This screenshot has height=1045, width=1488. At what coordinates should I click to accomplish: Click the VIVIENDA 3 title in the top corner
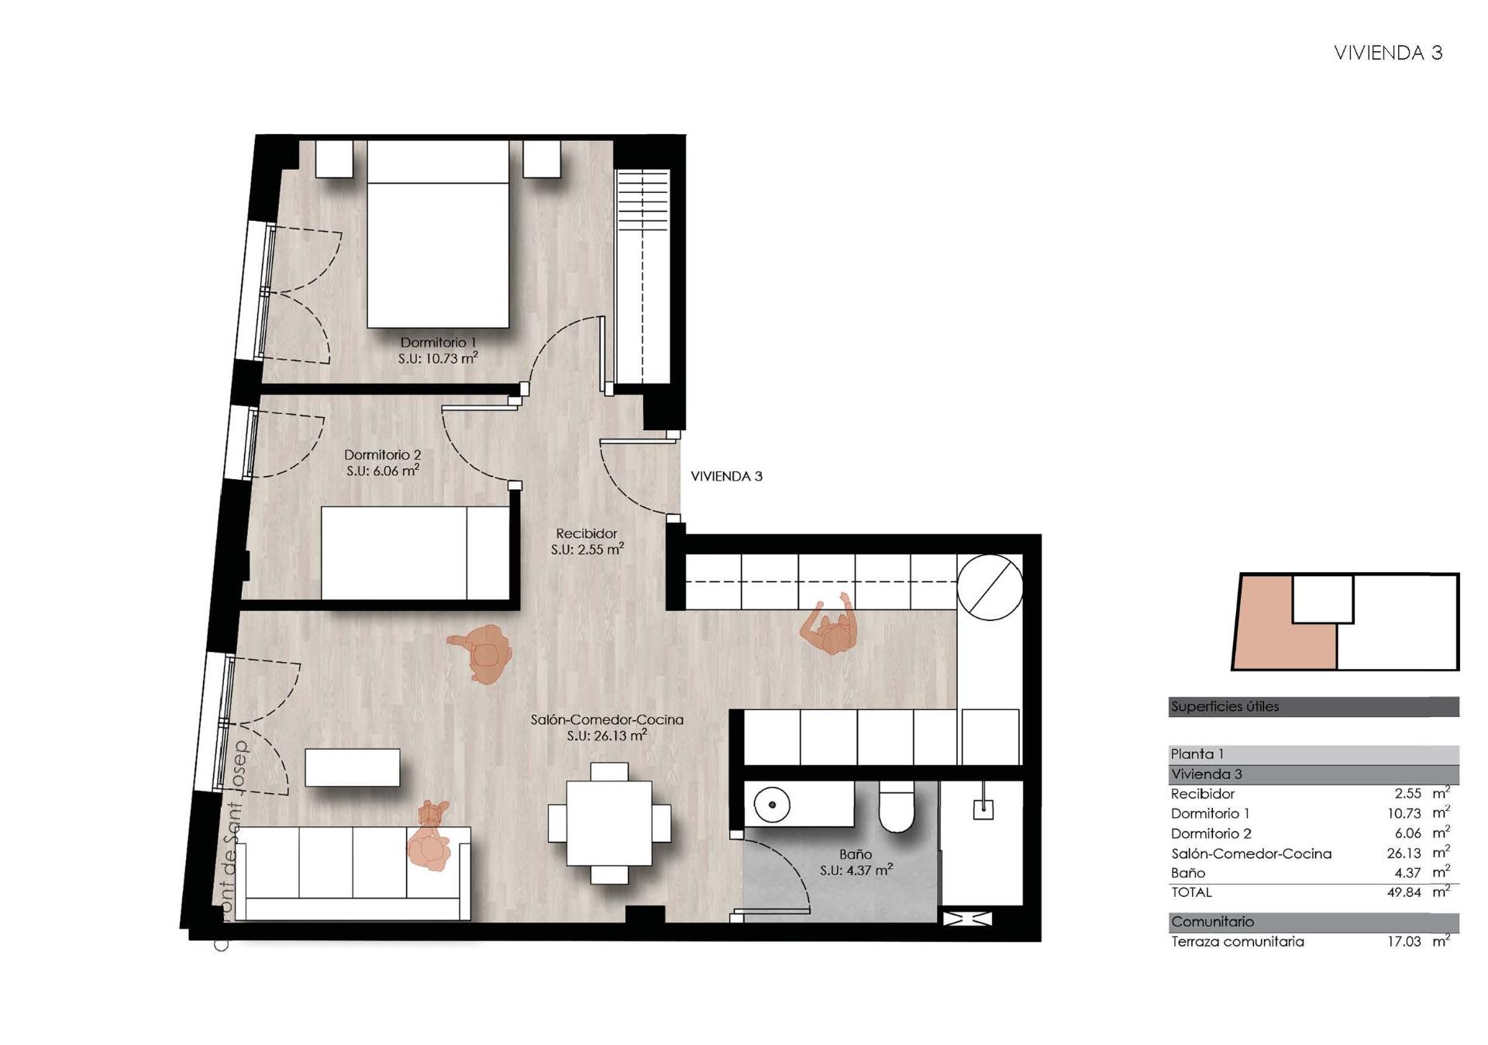(1387, 53)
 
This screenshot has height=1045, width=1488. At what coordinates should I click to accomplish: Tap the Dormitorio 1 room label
(438, 342)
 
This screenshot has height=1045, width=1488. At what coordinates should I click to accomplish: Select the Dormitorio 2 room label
(383, 454)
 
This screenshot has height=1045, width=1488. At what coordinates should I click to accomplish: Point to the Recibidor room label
(587, 533)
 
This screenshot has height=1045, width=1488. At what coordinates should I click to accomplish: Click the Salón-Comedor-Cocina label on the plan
(607, 719)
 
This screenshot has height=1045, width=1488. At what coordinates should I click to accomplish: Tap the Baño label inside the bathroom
(856, 854)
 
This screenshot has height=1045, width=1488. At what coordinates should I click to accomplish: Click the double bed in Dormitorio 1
(438, 233)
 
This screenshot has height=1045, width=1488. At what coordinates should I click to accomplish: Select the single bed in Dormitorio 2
(415, 553)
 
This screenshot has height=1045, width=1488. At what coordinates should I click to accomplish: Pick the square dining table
(609, 823)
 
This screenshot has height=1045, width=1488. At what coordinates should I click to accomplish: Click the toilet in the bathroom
(897, 806)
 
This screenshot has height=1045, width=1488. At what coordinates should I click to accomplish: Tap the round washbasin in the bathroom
(772, 805)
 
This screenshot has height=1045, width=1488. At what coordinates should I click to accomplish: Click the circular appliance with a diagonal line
(990, 588)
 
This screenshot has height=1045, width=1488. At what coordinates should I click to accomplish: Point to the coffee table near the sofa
(353, 767)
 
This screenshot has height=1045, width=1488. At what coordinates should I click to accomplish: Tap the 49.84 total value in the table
(1404, 892)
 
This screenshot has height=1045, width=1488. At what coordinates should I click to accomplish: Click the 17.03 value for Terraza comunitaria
(1404, 942)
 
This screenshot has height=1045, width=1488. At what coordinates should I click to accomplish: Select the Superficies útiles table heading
(1224, 706)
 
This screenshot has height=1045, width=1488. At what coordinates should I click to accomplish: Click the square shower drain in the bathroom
(983, 809)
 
